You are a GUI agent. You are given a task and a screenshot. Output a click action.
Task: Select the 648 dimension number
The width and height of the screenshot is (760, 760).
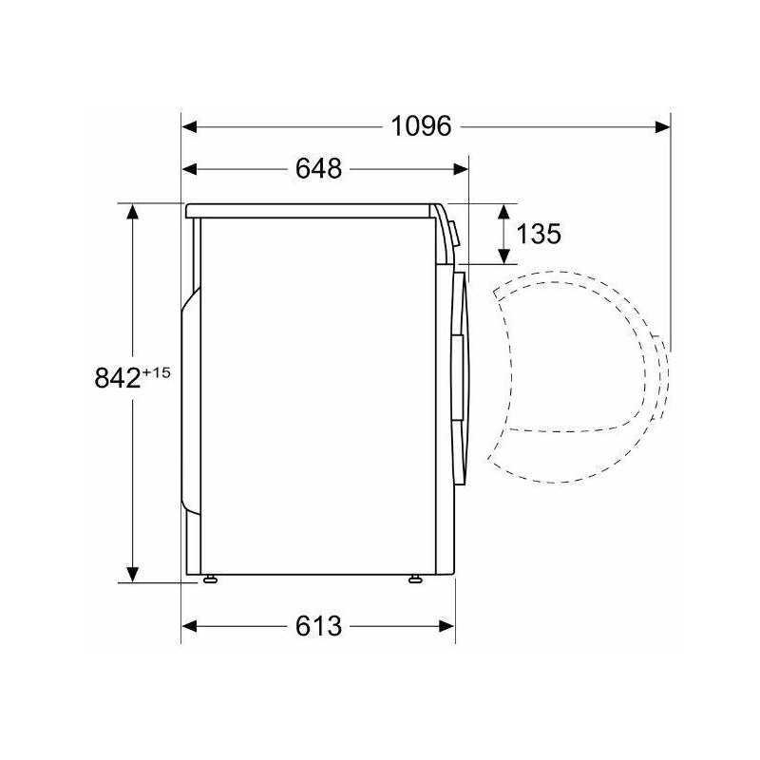(318, 170)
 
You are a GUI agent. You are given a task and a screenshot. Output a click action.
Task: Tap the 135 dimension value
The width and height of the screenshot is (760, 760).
(540, 234)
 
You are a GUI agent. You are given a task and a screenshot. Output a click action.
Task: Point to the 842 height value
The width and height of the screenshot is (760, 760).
(117, 378)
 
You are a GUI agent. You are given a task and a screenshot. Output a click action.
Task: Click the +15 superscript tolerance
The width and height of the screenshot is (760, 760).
(155, 372)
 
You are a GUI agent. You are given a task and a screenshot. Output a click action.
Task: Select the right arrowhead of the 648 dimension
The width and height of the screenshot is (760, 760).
(461, 170)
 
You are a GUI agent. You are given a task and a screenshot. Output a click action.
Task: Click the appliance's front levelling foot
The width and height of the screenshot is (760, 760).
(417, 578)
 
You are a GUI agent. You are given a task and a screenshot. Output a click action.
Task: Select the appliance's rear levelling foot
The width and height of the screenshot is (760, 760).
(209, 578)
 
